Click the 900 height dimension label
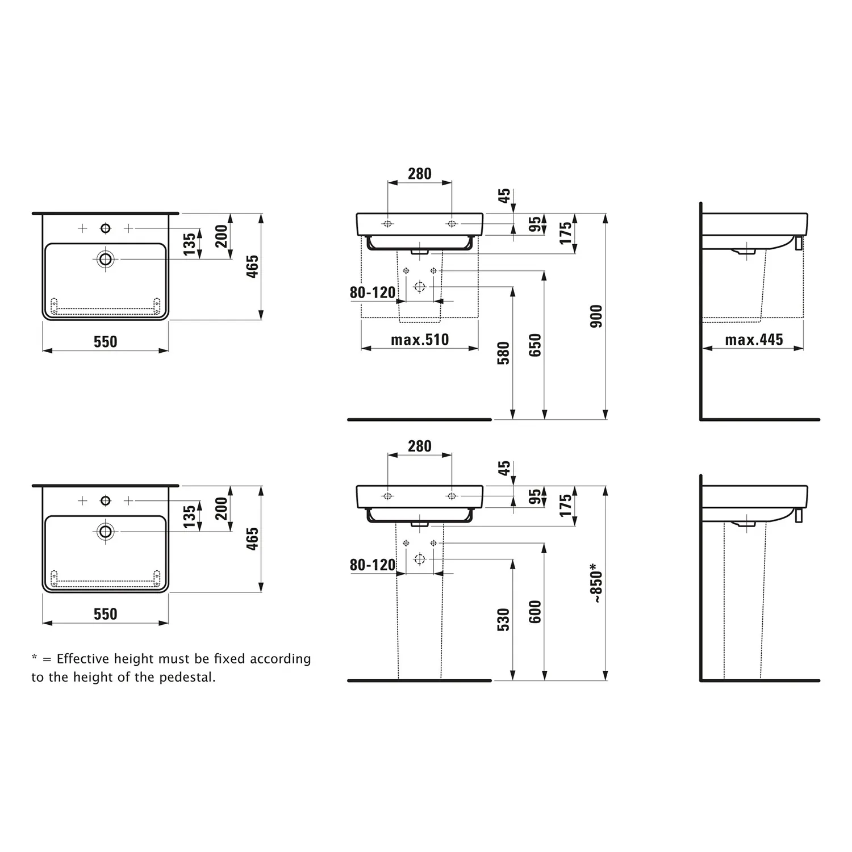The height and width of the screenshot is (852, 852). click(596, 316)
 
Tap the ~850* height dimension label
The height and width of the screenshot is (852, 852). click(596, 583)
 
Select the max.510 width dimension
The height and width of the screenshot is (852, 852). click(420, 340)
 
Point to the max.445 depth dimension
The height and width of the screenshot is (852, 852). click(754, 340)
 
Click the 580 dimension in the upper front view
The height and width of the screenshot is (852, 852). click(503, 353)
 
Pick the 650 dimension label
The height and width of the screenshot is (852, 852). click(535, 345)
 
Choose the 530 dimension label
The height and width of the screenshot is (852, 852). click(503, 620)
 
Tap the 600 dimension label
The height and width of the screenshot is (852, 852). click(535, 612)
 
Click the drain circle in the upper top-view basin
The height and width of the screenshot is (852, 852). click(105, 259)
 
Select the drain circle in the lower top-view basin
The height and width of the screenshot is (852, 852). click(105, 532)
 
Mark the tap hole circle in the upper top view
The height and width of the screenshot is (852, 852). click(105, 228)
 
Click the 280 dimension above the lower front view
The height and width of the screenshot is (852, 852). click(419, 446)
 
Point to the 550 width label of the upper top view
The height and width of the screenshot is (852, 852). click(105, 341)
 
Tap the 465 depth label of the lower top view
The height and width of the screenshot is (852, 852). click(252, 538)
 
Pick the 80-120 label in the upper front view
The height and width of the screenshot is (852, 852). click(373, 293)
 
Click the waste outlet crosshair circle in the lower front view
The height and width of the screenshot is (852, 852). click(420, 559)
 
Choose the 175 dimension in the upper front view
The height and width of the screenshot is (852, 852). click(566, 233)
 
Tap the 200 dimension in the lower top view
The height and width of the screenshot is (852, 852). click(221, 508)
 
